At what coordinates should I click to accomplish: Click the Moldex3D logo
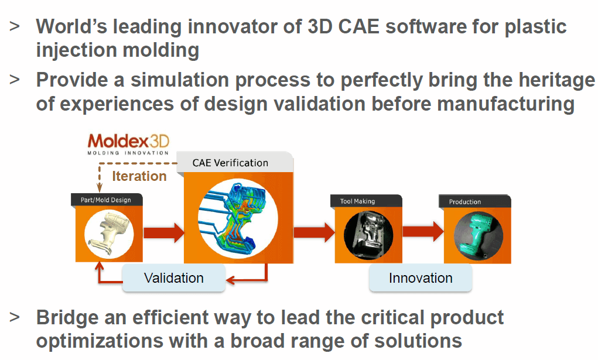click(x=128, y=144)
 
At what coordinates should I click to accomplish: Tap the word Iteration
click(x=139, y=176)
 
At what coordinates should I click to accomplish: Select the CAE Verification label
click(x=230, y=163)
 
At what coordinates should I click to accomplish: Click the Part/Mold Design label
click(x=105, y=200)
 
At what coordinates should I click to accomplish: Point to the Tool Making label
click(x=357, y=201)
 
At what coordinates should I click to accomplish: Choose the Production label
click(x=465, y=202)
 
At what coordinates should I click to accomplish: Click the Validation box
click(x=174, y=278)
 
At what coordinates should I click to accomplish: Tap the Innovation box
click(x=421, y=278)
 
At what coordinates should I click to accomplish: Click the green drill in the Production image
click(x=477, y=235)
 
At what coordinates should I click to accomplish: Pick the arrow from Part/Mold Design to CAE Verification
click(x=164, y=232)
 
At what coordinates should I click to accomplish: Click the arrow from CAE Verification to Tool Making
click(x=315, y=232)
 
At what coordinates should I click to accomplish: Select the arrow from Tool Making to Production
click(x=423, y=231)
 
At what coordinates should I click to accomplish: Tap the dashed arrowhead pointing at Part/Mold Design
click(x=100, y=187)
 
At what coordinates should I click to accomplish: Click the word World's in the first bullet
click(x=71, y=27)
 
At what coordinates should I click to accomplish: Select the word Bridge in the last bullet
click(x=67, y=318)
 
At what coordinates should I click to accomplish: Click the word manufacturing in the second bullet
click(x=505, y=104)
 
